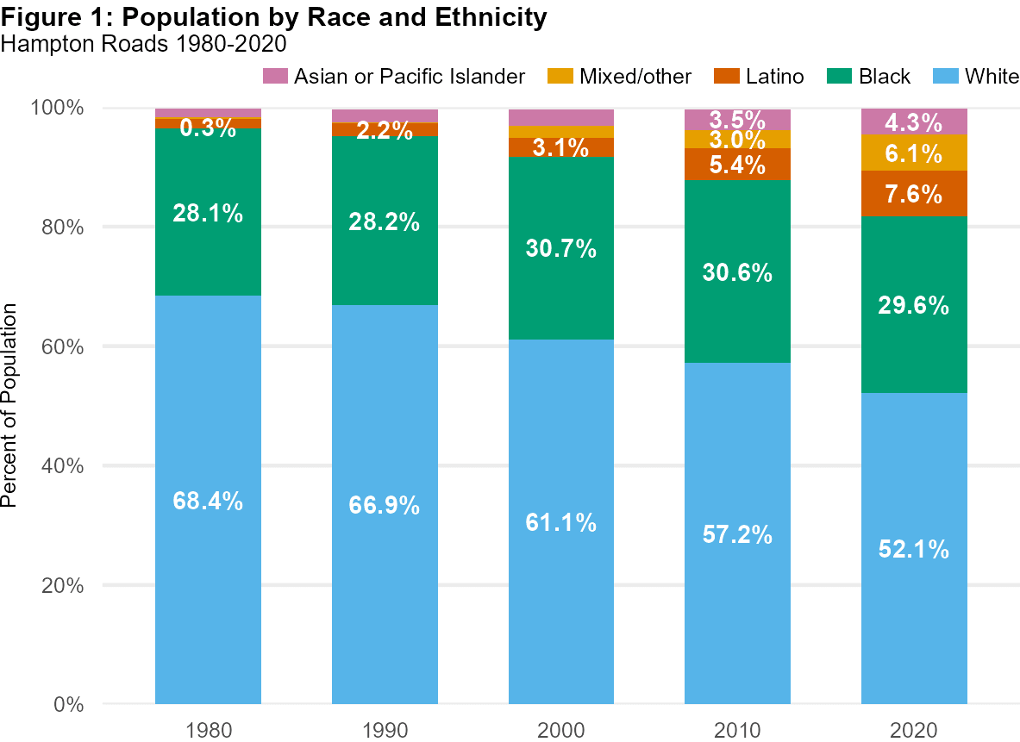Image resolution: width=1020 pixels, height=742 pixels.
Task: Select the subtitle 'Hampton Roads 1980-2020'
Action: click(145, 42)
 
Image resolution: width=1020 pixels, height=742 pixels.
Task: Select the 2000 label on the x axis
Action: click(561, 730)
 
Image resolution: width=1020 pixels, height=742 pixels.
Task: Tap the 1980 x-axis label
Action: click(208, 730)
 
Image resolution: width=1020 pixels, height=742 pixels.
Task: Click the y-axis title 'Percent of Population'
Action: click(10, 406)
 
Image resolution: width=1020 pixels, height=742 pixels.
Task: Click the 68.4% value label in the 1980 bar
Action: click(208, 501)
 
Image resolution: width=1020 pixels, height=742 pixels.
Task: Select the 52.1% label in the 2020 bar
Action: click(914, 549)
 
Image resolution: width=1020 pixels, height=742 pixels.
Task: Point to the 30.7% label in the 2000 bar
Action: click(561, 249)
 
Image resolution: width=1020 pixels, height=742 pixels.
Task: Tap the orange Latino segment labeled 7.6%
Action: click(914, 194)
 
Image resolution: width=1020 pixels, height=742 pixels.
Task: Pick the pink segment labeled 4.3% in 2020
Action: click(914, 122)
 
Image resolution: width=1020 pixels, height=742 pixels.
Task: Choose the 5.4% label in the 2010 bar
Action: click(738, 165)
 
